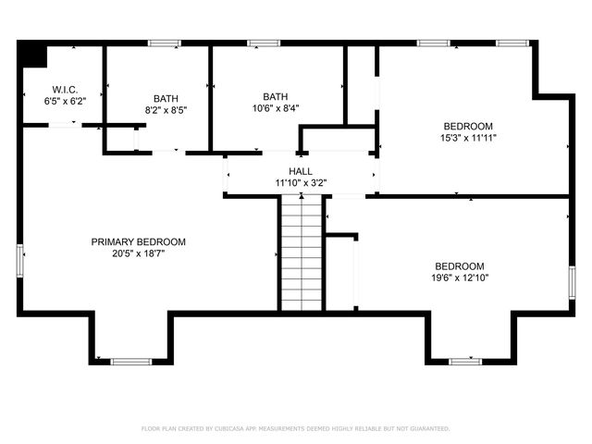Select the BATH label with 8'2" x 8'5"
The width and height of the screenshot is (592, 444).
(x=166, y=98)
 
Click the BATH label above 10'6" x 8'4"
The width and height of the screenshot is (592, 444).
(x=275, y=96)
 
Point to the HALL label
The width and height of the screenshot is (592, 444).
(x=300, y=172)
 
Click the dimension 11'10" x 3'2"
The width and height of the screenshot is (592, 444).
(x=300, y=183)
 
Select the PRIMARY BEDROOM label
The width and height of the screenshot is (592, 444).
(x=138, y=242)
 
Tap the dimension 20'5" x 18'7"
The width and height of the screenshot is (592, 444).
(x=138, y=253)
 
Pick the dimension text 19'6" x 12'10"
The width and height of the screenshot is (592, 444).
(x=459, y=277)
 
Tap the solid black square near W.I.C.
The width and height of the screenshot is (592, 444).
(x=34, y=55)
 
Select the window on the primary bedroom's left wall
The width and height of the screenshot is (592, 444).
(x=19, y=260)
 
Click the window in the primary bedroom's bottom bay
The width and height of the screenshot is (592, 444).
(x=130, y=362)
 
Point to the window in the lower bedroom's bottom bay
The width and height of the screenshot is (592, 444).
(x=465, y=362)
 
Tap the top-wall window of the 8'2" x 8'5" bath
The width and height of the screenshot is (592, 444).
(x=165, y=43)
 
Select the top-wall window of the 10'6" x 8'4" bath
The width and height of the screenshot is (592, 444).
(x=264, y=43)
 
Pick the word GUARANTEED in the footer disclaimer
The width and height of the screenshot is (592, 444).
(x=427, y=429)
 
